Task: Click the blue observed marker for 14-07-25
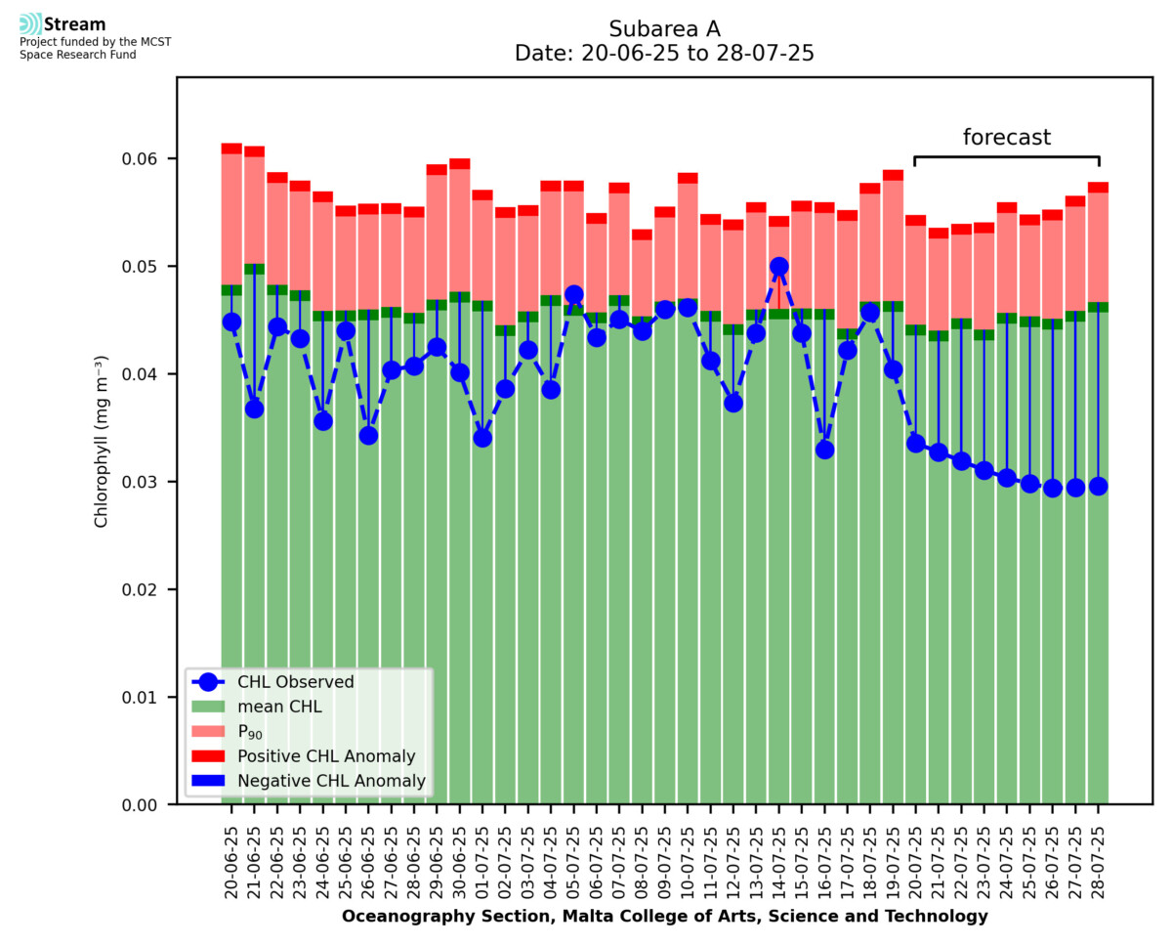[x=778, y=266]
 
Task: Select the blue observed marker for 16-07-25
[x=824, y=450]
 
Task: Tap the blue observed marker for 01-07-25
[x=482, y=437]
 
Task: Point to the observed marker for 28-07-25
[x=1098, y=486]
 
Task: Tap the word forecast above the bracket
[x=1007, y=138]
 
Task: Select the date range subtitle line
[x=664, y=53]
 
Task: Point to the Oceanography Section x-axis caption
[x=664, y=917]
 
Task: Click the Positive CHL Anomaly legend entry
[x=326, y=756]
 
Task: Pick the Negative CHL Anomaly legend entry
[x=331, y=781]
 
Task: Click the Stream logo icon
[x=29, y=23]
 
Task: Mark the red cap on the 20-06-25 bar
[x=231, y=149]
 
